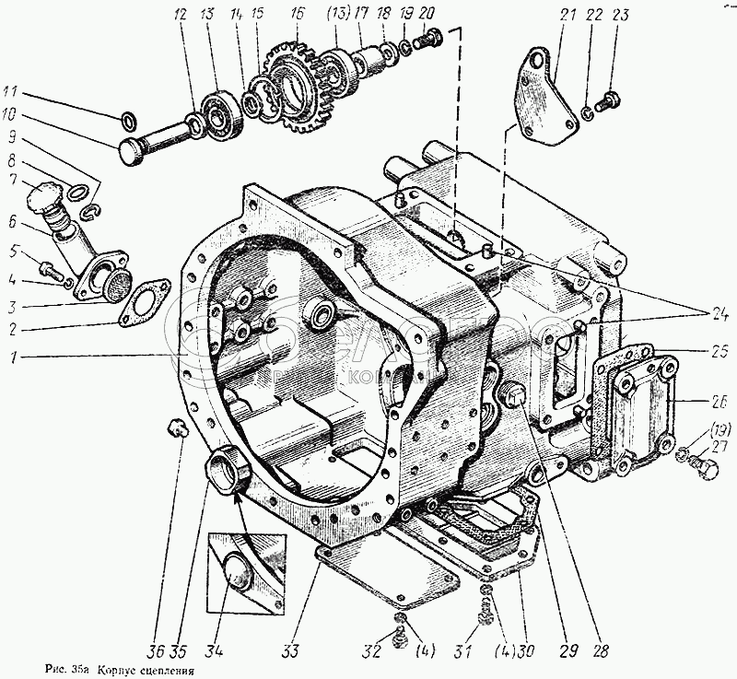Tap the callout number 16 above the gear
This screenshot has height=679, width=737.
(x=296, y=15)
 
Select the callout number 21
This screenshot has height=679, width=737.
(x=562, y=16)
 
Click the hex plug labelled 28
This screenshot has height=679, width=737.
(x=514, y=399)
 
